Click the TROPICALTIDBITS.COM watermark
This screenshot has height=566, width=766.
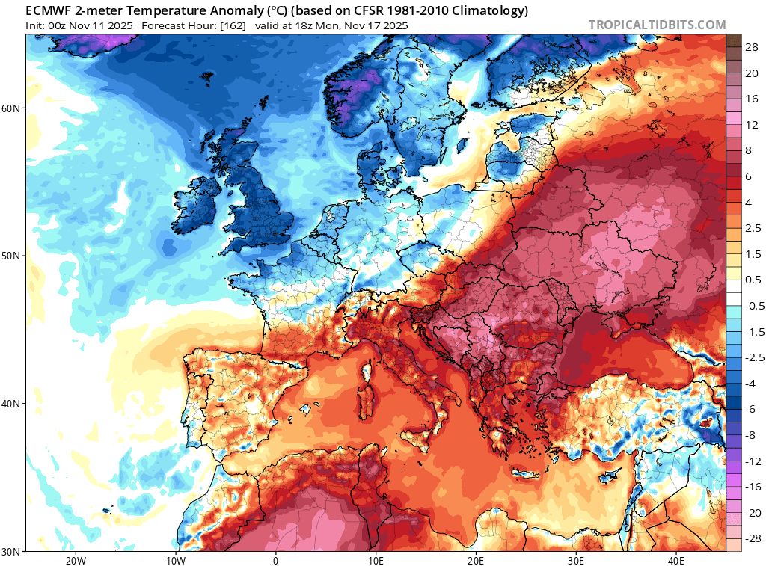click(657, 25)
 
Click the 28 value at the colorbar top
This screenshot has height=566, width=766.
click(752, 46)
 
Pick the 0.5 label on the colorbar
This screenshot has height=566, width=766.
click(753, 280)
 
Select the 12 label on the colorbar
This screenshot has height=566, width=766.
click(752, 124)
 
